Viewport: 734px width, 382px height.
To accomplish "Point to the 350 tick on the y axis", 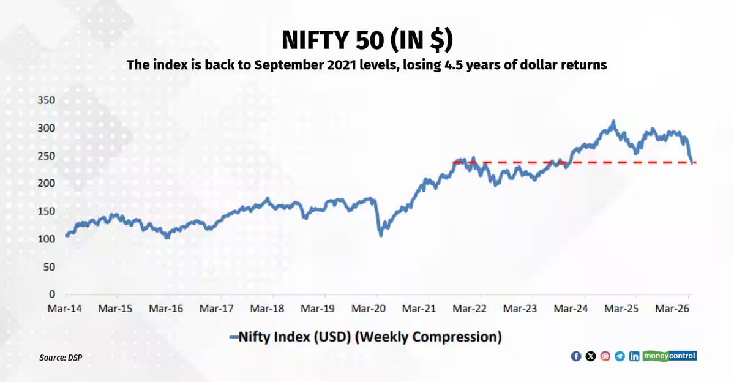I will click(47, 100).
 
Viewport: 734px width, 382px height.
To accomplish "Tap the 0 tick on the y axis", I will click(53, 294).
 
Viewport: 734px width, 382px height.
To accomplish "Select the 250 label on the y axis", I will click(47, 156).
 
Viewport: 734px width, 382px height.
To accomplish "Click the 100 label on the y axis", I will click(47, 239).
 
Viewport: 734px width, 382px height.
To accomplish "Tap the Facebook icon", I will click(576, 356).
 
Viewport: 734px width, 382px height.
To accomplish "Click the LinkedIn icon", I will click(634, 356).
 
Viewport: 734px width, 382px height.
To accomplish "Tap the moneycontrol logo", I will click(670, 356).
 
